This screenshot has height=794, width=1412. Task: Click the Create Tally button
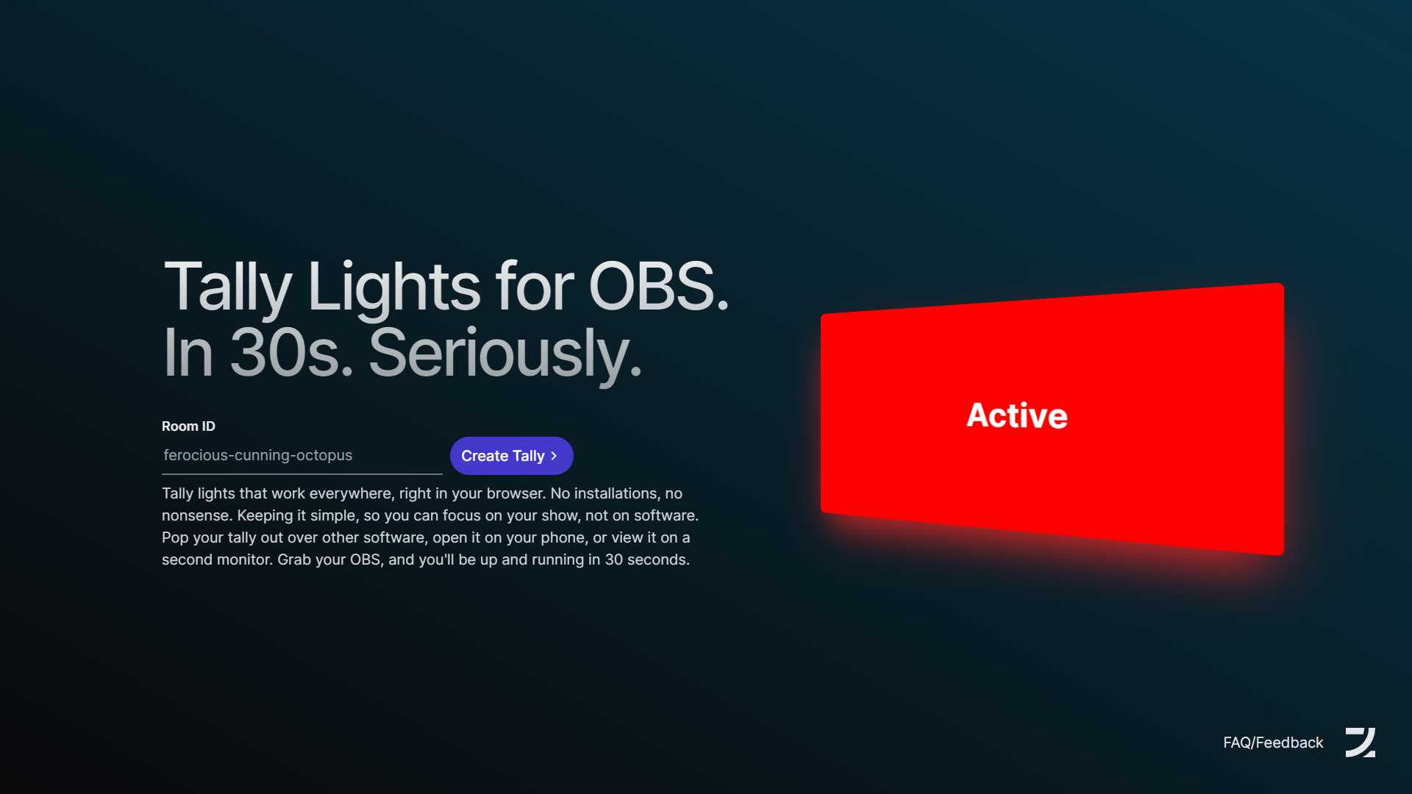511,456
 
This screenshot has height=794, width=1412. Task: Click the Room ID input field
302,456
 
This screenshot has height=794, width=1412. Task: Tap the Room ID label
188,426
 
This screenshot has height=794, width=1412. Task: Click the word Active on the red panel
1017,415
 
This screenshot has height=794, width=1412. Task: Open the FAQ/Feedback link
1273,743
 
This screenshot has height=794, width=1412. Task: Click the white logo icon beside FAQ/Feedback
1361,743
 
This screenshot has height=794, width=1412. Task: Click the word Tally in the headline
228,288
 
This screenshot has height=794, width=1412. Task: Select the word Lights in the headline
394,288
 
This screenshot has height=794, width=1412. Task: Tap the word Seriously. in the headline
505,354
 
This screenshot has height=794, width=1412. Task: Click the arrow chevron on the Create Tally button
554,456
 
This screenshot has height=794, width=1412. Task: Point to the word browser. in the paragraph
516,493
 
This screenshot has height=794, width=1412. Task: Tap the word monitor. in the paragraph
244,559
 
